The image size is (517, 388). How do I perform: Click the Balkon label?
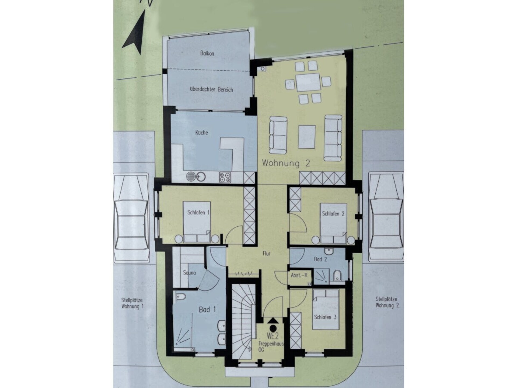(207, 53)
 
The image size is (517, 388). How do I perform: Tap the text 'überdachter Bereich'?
(211, 89)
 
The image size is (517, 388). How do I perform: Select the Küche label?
(202, 133)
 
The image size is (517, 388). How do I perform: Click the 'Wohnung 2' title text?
(286, 163)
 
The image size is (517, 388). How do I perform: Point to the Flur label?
(266, 254)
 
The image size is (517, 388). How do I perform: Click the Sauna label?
(189, 273)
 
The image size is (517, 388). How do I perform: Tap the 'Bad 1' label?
(207, 309)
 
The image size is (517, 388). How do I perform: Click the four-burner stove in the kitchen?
(225, 177)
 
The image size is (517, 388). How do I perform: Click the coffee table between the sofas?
(307, 137)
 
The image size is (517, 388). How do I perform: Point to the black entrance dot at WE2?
(273, 328)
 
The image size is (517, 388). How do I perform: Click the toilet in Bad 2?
(337, 276)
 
